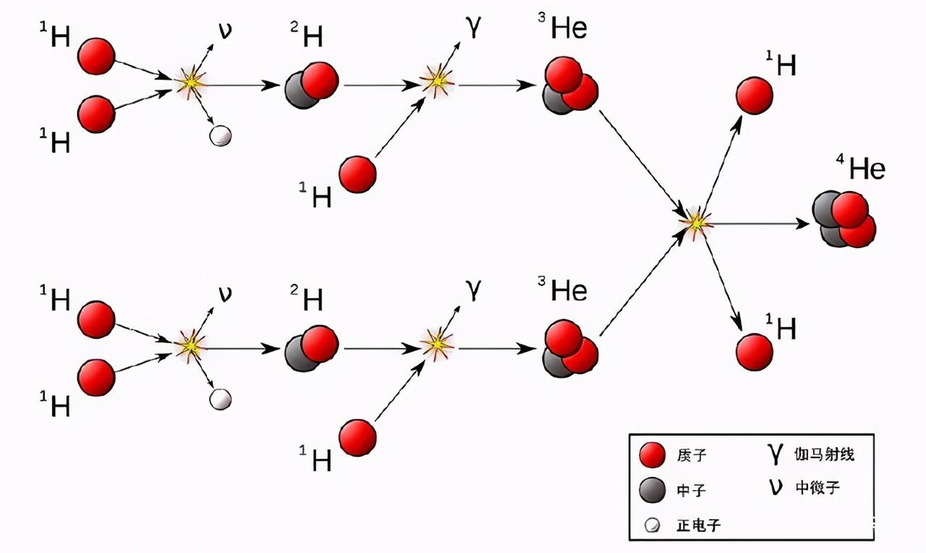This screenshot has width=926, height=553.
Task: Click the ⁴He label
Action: [861, 167]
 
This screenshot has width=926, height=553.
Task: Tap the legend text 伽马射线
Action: [824, 454]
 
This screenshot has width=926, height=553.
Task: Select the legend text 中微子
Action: [817, 488]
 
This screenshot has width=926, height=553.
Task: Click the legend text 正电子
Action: [698, 525]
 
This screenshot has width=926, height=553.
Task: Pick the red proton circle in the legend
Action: [653, 455]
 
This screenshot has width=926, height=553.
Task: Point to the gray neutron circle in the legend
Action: [653, 490]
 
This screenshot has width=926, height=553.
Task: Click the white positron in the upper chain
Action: [221, 135]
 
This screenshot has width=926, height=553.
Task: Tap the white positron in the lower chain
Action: [221, 399]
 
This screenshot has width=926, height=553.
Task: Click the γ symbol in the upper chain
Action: [474, 28]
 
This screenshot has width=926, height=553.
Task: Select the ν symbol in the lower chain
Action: [225, 293]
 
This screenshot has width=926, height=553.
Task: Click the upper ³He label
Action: [563, 26]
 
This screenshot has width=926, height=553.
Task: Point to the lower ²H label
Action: [306, 297]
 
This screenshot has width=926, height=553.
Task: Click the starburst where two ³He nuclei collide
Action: [697, 224]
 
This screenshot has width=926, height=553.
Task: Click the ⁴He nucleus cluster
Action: [844, 219]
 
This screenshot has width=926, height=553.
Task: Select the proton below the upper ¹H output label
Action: [755, 96]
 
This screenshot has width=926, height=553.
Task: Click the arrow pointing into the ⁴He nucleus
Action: [760, 224]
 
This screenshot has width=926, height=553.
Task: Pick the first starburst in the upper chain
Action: [190, 83]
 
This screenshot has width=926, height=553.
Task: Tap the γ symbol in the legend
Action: [775, 453]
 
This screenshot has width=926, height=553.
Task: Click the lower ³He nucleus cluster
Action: [570, 349]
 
